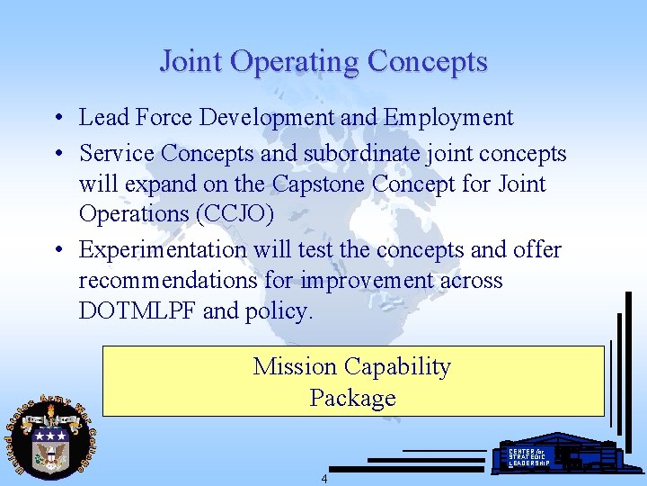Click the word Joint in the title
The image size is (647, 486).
click(191, 61)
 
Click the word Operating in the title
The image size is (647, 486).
click(293, 61)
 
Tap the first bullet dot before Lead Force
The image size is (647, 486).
click(58, 118)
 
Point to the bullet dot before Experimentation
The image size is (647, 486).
click(58, 250)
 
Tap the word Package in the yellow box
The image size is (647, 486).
click(352, 398)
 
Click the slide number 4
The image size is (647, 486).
click(324, 479)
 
